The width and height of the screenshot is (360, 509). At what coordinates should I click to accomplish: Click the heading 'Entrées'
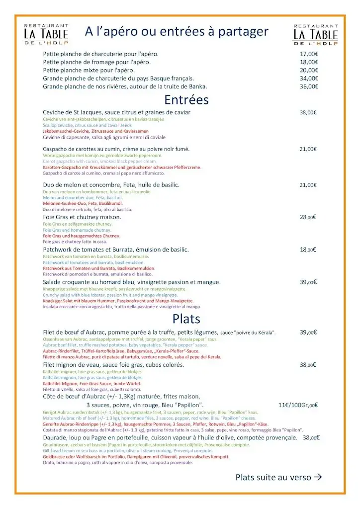pyautogui.click(x=186, y=100)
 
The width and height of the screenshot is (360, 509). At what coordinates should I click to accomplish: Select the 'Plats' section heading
pyautogui.click(x=186, y=318)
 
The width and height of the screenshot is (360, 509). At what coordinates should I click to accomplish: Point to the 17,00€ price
pyautogui.click(x=309, y=54)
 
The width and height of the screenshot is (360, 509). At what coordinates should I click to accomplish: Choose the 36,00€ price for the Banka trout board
pyautogui.click(x=309, y=86)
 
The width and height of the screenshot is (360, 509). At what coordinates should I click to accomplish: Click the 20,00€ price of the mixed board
pyautogui.click(x=309, y=70)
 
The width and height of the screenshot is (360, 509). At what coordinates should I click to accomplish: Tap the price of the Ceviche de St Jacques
pyautogui.click(x=308, y=112)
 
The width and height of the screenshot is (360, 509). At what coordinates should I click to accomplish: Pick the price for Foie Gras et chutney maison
pyautogui.click(x=308, y=217)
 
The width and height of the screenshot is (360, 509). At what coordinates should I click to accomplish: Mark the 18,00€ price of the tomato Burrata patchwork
pyautogui.click(x=308, y=250)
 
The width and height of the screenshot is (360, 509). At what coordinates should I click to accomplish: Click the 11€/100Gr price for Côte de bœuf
pyautogui.click(x=298, y=405)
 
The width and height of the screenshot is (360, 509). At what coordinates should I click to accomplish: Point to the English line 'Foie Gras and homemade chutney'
pyautogui.click(x=77, y=230)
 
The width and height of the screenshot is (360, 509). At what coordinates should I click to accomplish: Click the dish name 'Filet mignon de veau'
pyautogui.click(x=72, y=364)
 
